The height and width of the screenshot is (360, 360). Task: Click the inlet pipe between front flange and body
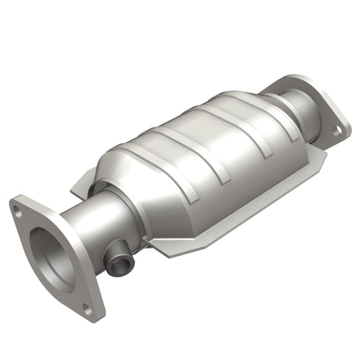pyautogui.click(x=88, y=216)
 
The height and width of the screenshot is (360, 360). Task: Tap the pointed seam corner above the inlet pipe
pyautogui.click(x=74, y=182)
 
